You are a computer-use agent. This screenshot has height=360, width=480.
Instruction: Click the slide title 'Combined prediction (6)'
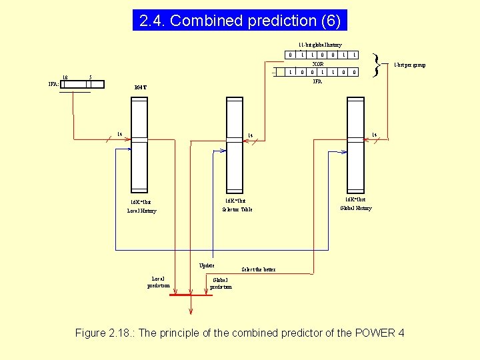click(240, 21)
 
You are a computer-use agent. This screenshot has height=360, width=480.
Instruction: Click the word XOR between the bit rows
click(318, 63)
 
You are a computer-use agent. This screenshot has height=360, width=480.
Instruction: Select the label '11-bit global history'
click(320, 45)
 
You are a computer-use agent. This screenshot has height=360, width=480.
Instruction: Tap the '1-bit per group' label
click(409, 65)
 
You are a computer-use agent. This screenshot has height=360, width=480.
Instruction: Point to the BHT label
click(139, 87)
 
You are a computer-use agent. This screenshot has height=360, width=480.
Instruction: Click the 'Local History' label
click(141, 211)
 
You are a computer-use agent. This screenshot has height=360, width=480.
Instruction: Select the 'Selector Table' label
click(237, 209)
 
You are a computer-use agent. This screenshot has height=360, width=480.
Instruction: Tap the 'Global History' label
click(356, 208)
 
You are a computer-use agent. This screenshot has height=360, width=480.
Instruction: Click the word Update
click(207, 265)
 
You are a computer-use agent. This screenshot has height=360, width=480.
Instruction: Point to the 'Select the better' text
click(253, 270)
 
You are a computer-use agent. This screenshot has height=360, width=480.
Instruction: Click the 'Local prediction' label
click(159, 282)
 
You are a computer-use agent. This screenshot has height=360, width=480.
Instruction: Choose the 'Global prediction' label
click(221, 283)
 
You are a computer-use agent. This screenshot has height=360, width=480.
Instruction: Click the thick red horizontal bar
click(191, 295)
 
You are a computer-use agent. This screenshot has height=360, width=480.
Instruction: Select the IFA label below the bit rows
click(318, 81)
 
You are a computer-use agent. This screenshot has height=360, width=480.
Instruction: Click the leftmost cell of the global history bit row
click(291, 55)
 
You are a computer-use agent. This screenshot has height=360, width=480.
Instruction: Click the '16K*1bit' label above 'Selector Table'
click(235, 200)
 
